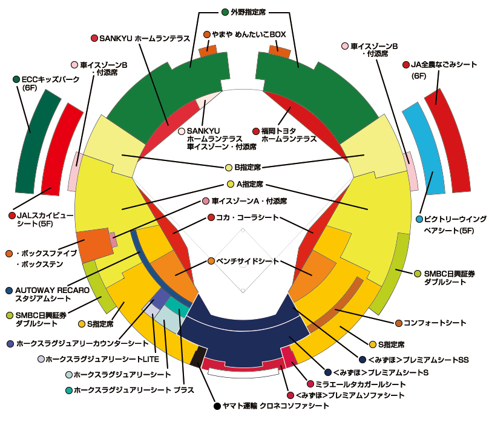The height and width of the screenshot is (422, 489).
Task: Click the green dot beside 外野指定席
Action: click(x=225, y=12)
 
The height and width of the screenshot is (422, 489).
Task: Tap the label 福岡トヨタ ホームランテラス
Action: click(x=289, y=134)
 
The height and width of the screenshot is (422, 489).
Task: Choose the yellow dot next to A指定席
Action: click(x=230, y=184)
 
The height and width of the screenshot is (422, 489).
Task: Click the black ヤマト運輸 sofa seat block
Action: click(x=195, y=357)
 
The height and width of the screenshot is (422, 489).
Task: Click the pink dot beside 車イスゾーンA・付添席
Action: click(x=206, y=201)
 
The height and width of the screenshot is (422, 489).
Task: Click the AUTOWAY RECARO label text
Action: click(x=51, y=291)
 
